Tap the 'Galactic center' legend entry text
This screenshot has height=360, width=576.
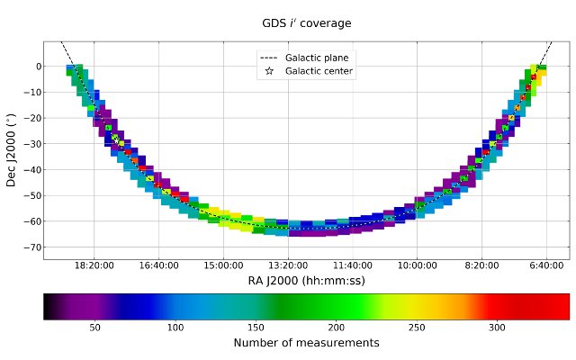[319, 71]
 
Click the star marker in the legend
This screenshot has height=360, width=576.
[269, 71]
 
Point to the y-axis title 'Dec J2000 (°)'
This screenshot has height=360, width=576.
[12, 149]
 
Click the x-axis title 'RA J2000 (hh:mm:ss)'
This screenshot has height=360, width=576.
[306, 280]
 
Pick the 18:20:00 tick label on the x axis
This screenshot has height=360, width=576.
[94, 266]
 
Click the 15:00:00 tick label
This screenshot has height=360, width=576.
[223, 266]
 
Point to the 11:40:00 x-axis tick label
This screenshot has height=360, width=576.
[353, 266]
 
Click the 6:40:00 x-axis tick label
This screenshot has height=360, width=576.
[546, 266]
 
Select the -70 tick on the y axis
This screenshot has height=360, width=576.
[29, 247]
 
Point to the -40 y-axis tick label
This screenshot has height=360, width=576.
[29, 169]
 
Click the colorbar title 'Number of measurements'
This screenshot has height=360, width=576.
[306, 343]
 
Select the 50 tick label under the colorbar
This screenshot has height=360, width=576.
[94, 328]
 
